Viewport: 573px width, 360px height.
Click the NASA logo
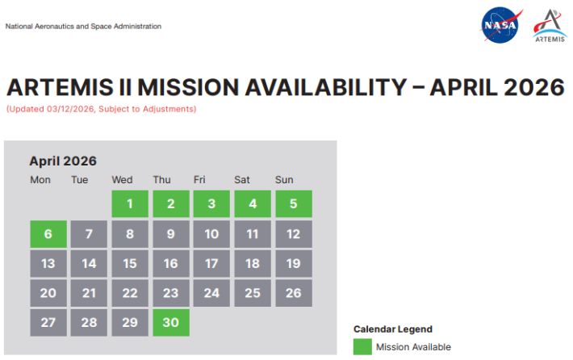pos(500,26)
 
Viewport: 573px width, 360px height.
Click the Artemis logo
pos(550,26)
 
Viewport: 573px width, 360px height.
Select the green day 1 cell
pos(130,204)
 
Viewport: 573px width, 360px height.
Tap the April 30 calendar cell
pos(171,322)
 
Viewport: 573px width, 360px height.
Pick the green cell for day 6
pos(48,234)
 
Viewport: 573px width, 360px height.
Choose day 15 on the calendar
pos(130,263)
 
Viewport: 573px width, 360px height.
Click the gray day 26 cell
pos(294,293)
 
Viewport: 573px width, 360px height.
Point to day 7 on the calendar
pos(89,234)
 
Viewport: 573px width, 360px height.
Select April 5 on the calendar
pos(294,204)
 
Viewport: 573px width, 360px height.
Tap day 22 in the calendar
pos(130,293)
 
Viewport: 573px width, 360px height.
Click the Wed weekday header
pos(122,179)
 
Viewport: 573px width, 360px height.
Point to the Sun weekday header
pos(284,179)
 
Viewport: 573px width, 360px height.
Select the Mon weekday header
pos(40,179)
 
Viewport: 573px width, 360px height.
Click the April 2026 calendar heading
pos(63,161)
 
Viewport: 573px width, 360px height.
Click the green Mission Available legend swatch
pos(362,347)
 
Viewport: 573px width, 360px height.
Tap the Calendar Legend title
pos(393,329)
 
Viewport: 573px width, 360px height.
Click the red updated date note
pos(101,109)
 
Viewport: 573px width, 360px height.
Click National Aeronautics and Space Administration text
pos(83,27)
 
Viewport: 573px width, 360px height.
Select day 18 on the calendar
pos(253,263)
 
